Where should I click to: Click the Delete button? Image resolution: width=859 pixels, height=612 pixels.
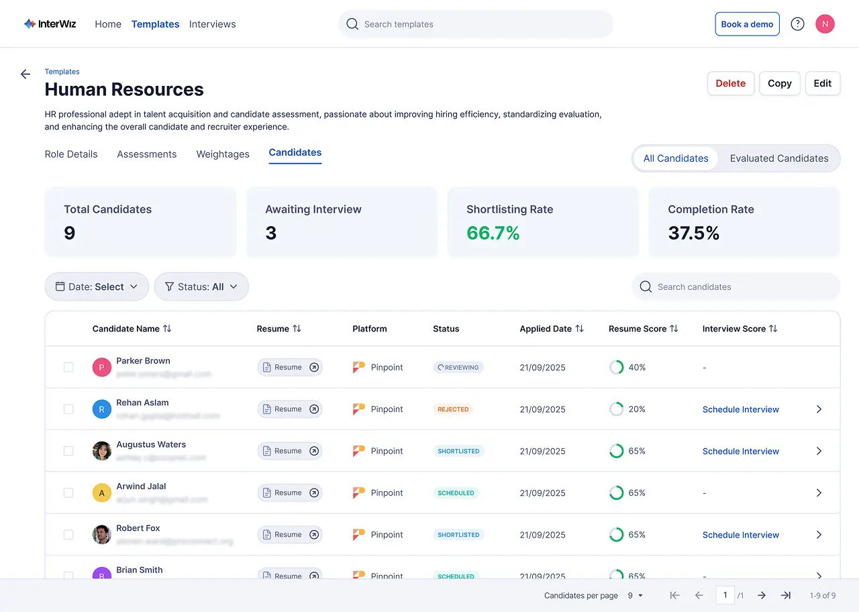pos(730,83)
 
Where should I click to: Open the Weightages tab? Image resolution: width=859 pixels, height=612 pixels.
pos(223,154)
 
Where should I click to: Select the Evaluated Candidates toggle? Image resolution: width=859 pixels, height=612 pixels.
pos(778,158)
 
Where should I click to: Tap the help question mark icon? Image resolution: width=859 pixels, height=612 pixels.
pos(797,24)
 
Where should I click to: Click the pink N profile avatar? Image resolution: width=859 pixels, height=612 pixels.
pos(825,24)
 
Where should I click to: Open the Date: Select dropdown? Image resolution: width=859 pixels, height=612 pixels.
pos(97,287)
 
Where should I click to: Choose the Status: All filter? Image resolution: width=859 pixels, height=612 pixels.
pos(201,287)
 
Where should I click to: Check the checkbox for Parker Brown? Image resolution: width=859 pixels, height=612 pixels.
pos(68,367)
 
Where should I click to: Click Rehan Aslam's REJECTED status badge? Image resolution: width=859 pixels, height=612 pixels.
pos(453,409)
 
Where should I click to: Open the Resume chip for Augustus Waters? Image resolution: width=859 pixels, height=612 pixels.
pos(290,451)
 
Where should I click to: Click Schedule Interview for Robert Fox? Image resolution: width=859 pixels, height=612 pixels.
pos(740,535)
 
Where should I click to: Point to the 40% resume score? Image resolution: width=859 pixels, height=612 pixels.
pos(636,367)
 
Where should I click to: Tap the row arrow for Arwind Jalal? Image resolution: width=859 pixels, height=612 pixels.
pos(819,493)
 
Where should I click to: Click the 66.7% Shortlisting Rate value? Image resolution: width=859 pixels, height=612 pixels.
pos(493,233)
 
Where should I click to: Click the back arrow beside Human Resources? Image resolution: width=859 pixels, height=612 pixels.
pos(26,74)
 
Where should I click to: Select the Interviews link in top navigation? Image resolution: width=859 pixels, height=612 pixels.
pos(212,24)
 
